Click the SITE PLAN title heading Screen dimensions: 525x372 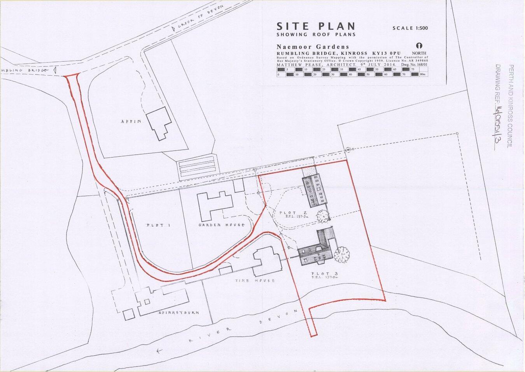[316, 26]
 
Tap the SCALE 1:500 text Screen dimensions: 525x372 [412, 28]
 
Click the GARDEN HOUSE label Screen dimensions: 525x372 [221, 225]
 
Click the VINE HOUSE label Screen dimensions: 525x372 [260, 280]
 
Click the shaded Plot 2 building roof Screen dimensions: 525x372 [315, 191]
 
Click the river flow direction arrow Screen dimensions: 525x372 [158, 352]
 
